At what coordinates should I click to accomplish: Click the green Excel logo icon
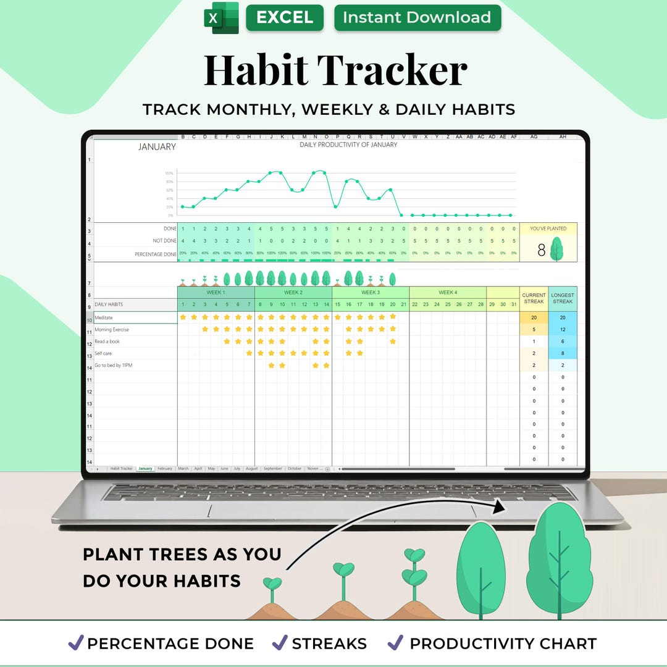click(x=221, y=18)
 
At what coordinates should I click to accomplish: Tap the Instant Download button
click(x=417, y=18)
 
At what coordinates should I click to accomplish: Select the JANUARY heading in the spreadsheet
click(x=157, y=147)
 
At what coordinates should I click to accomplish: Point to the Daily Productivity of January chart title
click(x=348, y=145)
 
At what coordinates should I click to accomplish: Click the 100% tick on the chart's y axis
click(x=169, y=174)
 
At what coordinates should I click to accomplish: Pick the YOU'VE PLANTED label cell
click(x=548, y=229)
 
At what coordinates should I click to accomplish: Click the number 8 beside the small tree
click(x=541, y=251)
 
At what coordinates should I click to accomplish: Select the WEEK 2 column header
click(x=293, y=292)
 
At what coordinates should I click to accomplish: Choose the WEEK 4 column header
click(x=447, y=292)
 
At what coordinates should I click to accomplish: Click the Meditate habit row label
click(x=104, y=317)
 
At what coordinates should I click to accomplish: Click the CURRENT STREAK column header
click(x=534, y=298)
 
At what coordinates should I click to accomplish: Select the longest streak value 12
click(x=563, y=330)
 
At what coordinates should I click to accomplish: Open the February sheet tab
click(x=164, y=469)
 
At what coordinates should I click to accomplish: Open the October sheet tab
click(x=295, y=469)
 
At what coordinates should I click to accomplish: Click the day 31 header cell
click(x=514, y=304)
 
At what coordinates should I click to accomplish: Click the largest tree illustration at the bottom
click(x=560, y=559)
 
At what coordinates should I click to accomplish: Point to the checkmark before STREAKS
click(x=280, y=643)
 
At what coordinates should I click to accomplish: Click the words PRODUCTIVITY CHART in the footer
click(x=503, y=644)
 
